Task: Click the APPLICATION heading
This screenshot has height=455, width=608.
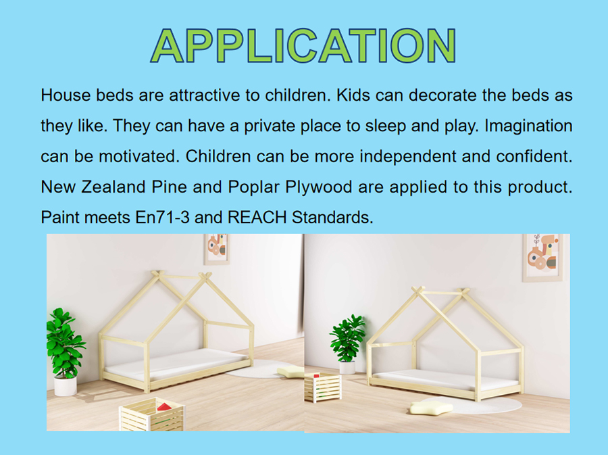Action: (x=303, y=45)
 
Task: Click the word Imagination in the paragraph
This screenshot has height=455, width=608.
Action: (x=528, y=126)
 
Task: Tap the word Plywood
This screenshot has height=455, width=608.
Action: (x=318, y=187)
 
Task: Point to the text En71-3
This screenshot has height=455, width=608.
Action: (x=162, y=217)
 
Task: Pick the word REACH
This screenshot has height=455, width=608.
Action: (x=257, y=217)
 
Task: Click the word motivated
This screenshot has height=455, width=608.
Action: (x=139, y=156)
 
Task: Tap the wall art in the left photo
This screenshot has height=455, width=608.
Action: (x=216, y=249)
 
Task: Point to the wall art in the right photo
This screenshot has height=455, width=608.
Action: (x=542, y=257)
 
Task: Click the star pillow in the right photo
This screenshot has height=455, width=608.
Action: (x=431, y=407)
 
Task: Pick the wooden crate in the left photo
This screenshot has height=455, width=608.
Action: (x=152, y=414)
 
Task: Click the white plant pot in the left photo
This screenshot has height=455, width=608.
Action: (x=65, y=386)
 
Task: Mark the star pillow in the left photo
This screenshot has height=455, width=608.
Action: (x=290, y=371)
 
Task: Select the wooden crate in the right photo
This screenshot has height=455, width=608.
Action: (x=323, y=387)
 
